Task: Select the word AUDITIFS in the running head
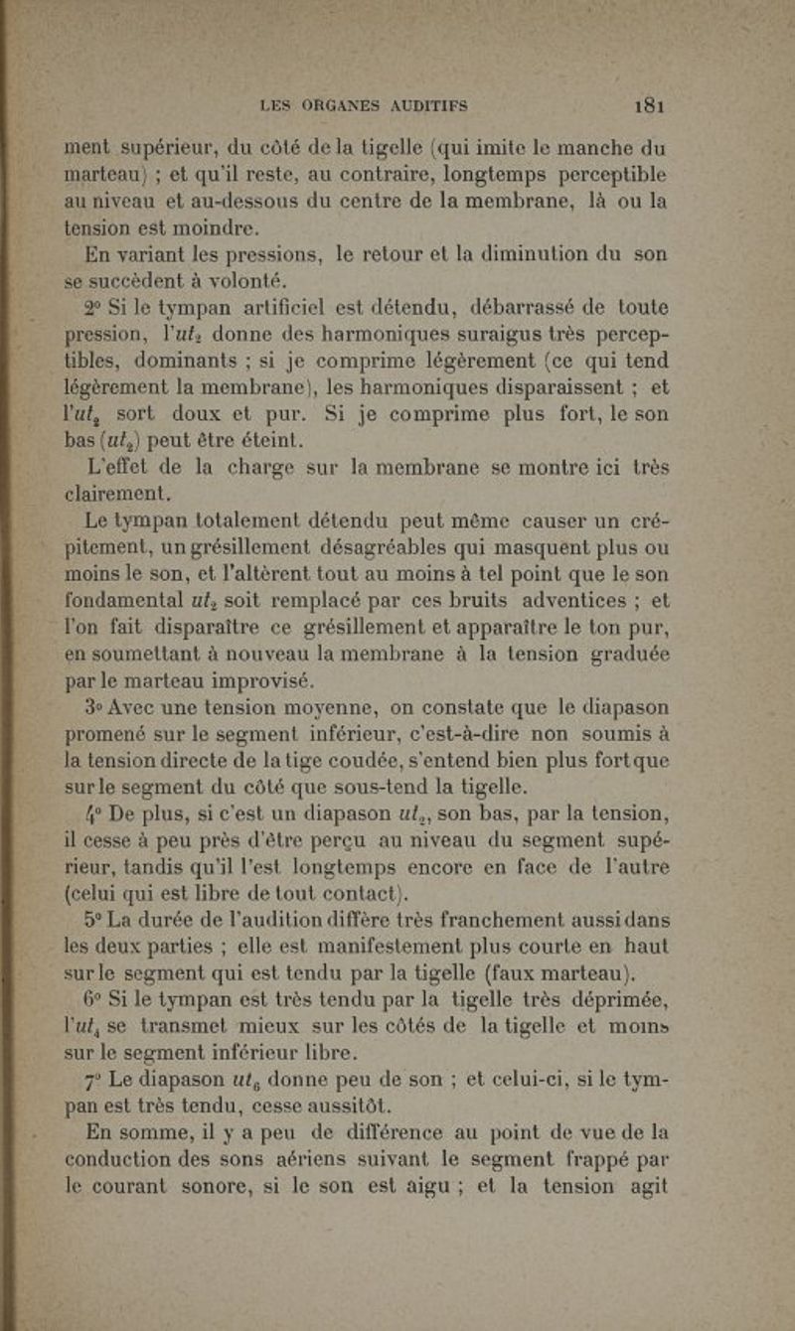pos(429,104)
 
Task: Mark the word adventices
pos(561,597)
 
